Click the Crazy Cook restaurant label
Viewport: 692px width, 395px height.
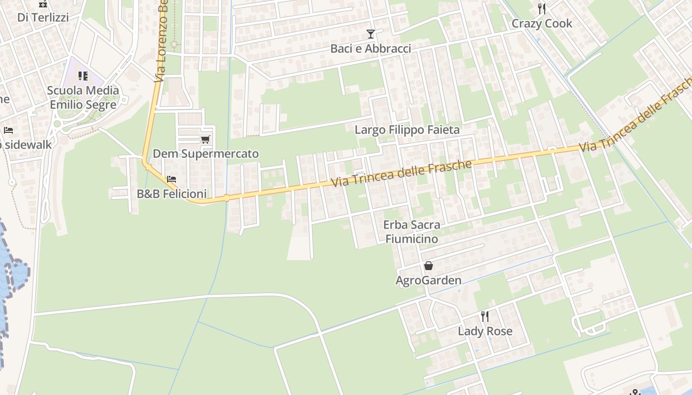click(542, 23)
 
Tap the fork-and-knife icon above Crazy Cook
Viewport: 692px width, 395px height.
click(542, 8)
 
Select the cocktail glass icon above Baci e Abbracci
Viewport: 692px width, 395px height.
click(371, 34)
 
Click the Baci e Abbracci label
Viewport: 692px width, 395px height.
click(371, 48)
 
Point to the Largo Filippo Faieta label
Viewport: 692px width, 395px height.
click(407, 130)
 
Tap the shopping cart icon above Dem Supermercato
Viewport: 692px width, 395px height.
click(206, 139)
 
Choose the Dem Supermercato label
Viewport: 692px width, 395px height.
click(206, 154)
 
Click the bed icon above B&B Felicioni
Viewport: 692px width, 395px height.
click(172, 179)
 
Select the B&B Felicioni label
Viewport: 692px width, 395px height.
click(172, 194)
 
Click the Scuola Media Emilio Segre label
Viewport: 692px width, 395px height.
click(84, 97)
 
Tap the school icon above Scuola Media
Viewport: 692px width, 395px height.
click(83, 76)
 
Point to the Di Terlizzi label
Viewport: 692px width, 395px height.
click(43, 17)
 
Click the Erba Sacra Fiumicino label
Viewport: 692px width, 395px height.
click(411, 232)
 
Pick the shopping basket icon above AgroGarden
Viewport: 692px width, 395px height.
click(429, 266)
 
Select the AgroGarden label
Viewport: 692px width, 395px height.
click(429, 280)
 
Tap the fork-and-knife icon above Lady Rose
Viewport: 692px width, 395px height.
click(485, 316)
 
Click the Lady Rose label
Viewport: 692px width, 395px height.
click(485, 331)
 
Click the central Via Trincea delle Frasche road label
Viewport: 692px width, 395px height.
click(401, 173)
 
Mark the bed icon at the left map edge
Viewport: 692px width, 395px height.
click(8, 130)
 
